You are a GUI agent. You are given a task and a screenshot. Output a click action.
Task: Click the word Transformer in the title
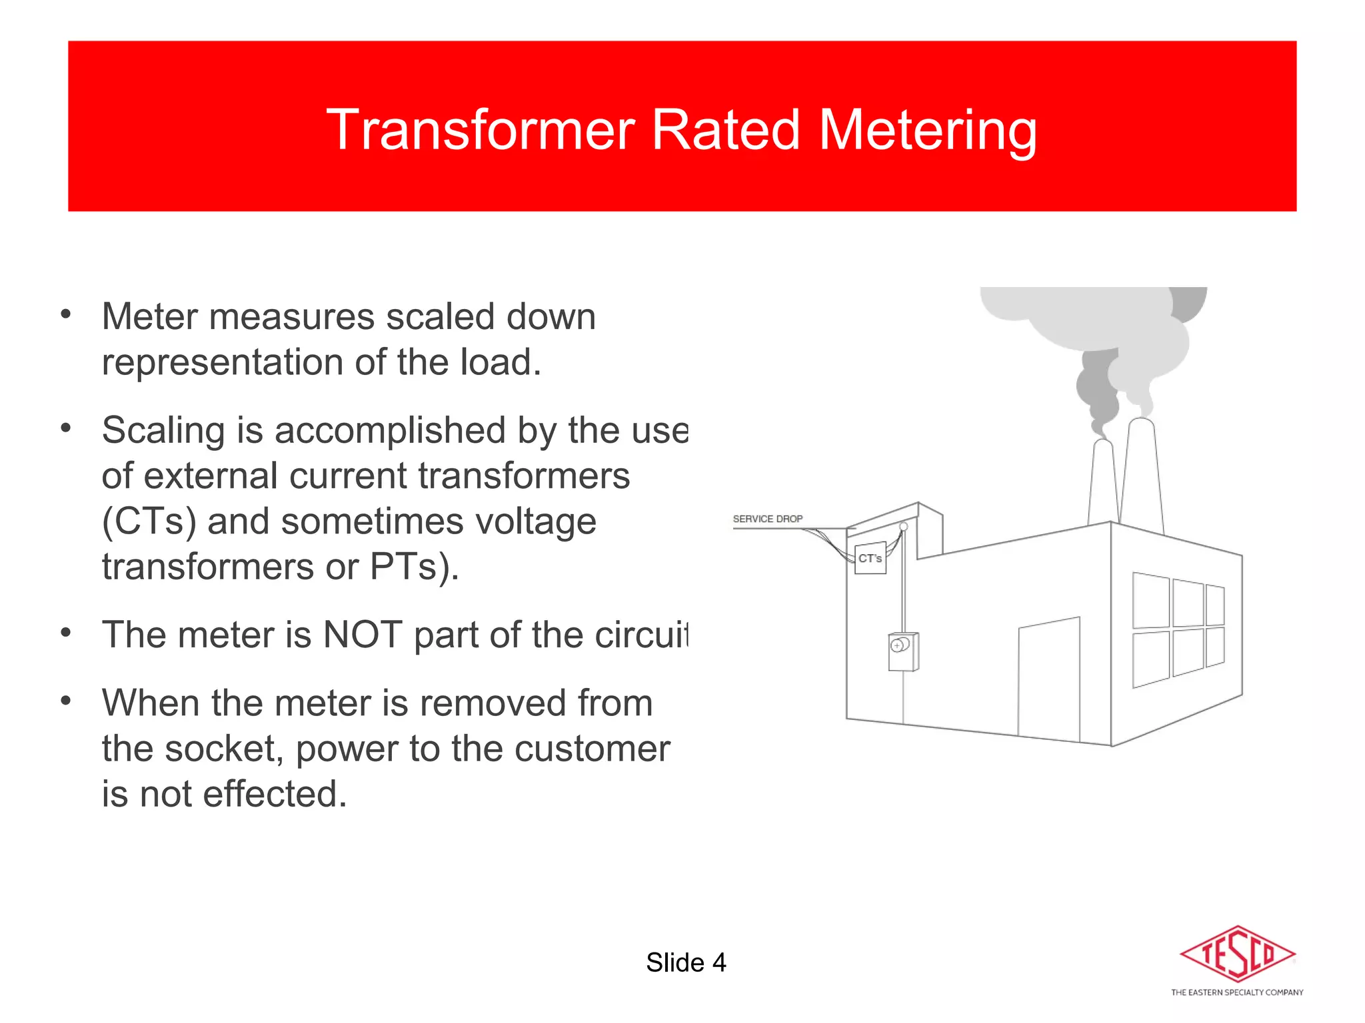point(479,130)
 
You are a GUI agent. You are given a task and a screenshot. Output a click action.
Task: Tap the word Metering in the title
point(927,131)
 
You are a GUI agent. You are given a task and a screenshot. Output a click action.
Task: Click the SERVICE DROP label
point(767,519)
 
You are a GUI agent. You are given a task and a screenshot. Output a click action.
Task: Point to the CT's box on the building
point(870,558)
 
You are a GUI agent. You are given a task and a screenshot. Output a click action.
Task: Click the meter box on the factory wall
point(903,651)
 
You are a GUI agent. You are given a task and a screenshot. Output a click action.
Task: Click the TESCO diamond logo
point(1237,954)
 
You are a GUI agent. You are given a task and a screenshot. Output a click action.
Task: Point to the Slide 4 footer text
point(685,962)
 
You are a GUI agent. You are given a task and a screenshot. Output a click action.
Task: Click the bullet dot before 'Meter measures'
point(65,314)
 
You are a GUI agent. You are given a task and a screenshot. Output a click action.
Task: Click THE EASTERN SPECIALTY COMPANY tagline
point(1237,992)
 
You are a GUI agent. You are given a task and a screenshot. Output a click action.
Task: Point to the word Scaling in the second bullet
point(163,430)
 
